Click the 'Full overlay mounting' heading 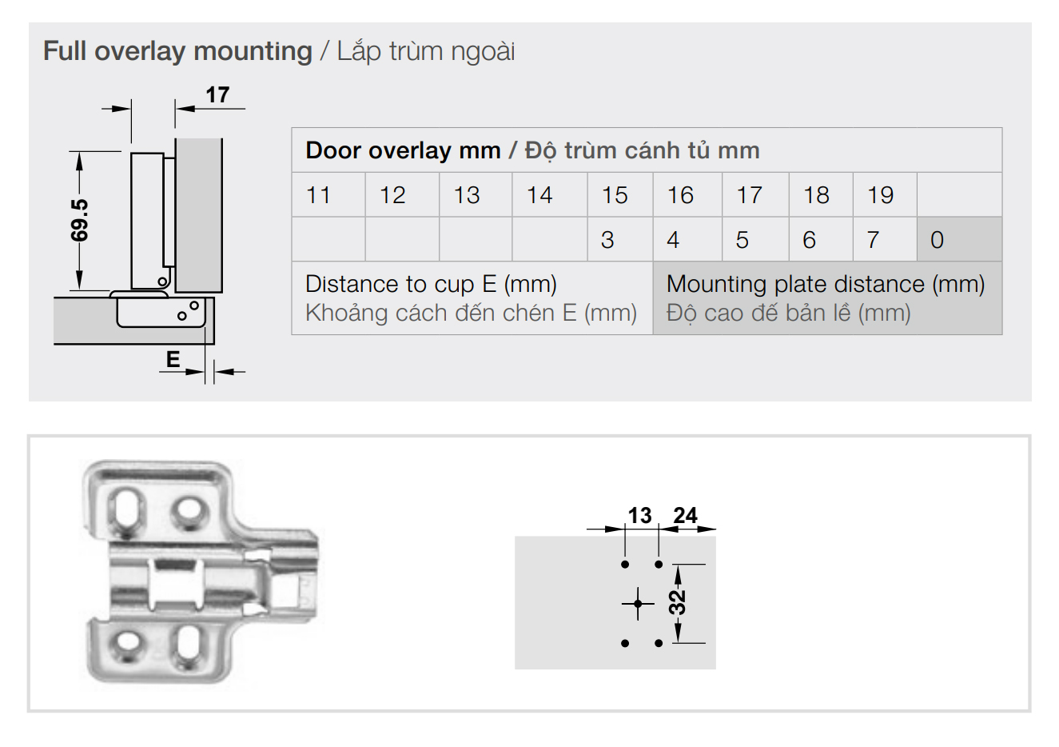(177, 51)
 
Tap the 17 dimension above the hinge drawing (217, 94)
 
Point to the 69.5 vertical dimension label (79, 221)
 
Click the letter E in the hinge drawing (173, 360)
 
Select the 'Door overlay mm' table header (404, 150)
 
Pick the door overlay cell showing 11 (318, 195)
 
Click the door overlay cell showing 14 (540, 195)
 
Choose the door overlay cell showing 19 (881, 195)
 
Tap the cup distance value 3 (607, 240)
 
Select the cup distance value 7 (873, 240)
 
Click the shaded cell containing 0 (959, 239)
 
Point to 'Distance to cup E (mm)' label (431, 284)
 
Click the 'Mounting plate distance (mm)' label (826, 284)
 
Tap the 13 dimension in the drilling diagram (639, 515)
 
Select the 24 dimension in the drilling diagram (685, 515)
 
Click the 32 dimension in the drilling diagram (678, 602)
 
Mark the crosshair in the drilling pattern (638, 604)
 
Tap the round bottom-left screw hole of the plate (127, 644)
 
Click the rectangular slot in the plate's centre (176, 585)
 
